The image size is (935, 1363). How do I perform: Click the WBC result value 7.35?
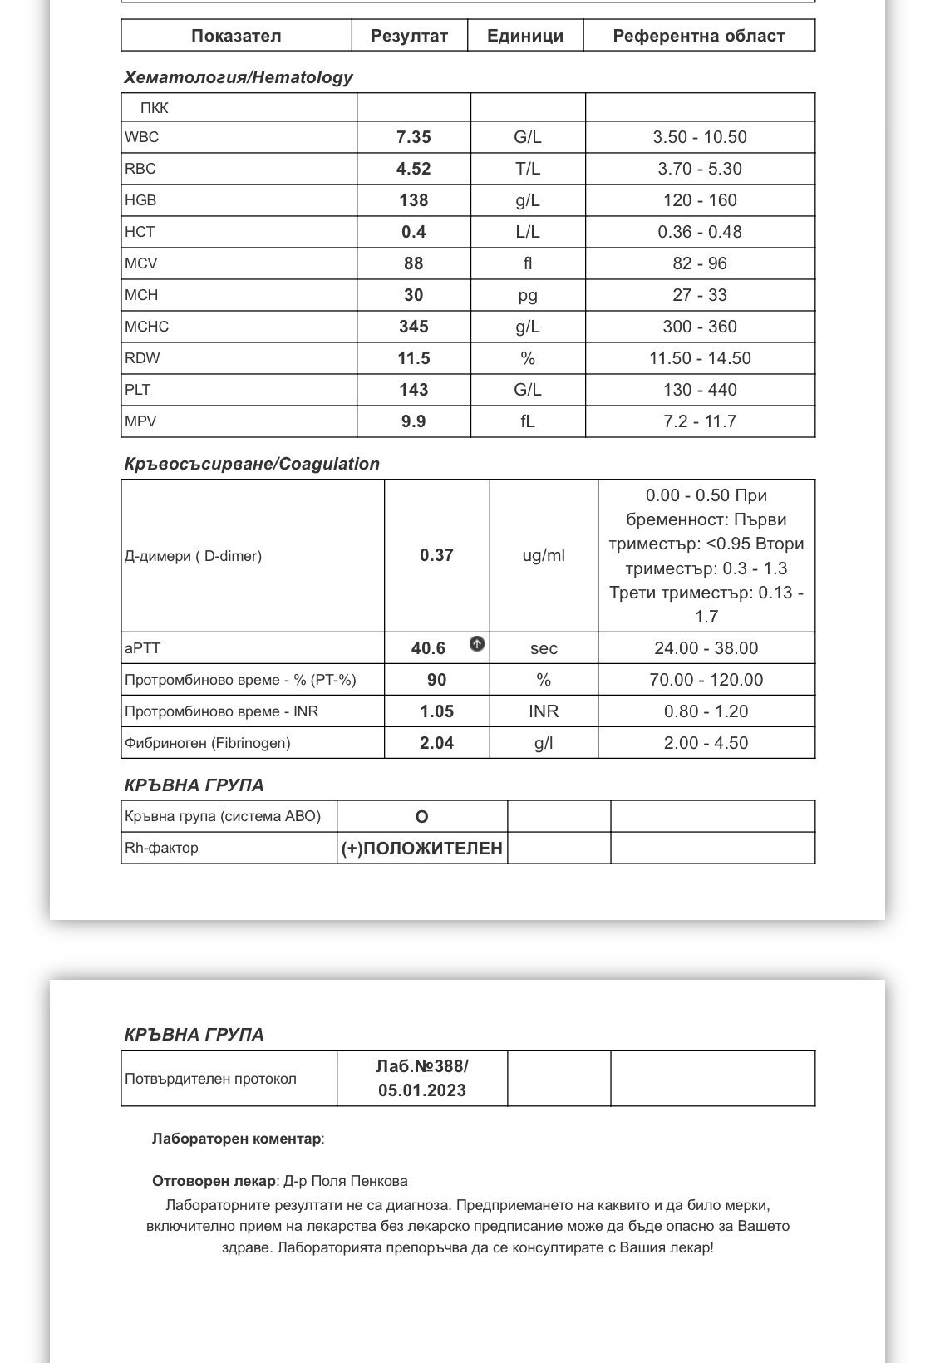pos(413,137)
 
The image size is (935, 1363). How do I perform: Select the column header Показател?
pos(236,36)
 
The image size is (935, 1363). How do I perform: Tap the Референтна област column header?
pos(698,36)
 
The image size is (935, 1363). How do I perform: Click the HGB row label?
pos(140,200)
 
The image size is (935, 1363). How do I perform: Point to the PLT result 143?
pos(413,390)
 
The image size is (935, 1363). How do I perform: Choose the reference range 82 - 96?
pos(699,263)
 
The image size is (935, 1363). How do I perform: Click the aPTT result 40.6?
pos(428,648)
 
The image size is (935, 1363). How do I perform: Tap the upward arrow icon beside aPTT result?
pos(477,643)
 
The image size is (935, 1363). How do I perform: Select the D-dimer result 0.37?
pos(436,555)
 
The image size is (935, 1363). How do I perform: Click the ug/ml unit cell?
pos(544,555)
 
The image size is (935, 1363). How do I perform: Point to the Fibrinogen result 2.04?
pos(436,743)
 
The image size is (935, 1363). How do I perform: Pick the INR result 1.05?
pos(436,711)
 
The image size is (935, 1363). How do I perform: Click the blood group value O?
pos(421,816)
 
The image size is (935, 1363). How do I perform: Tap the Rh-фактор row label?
pos(161,848)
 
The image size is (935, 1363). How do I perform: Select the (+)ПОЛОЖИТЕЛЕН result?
pos(421,849)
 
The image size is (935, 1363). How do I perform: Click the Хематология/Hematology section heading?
pos(238,77)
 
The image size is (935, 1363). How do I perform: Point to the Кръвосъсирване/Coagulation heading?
pos(251,464)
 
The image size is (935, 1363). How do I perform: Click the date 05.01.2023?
pos(421,1090)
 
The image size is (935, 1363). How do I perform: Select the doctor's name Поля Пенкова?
pos(371,1181)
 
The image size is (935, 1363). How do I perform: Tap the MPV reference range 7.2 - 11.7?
pos(699,421)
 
